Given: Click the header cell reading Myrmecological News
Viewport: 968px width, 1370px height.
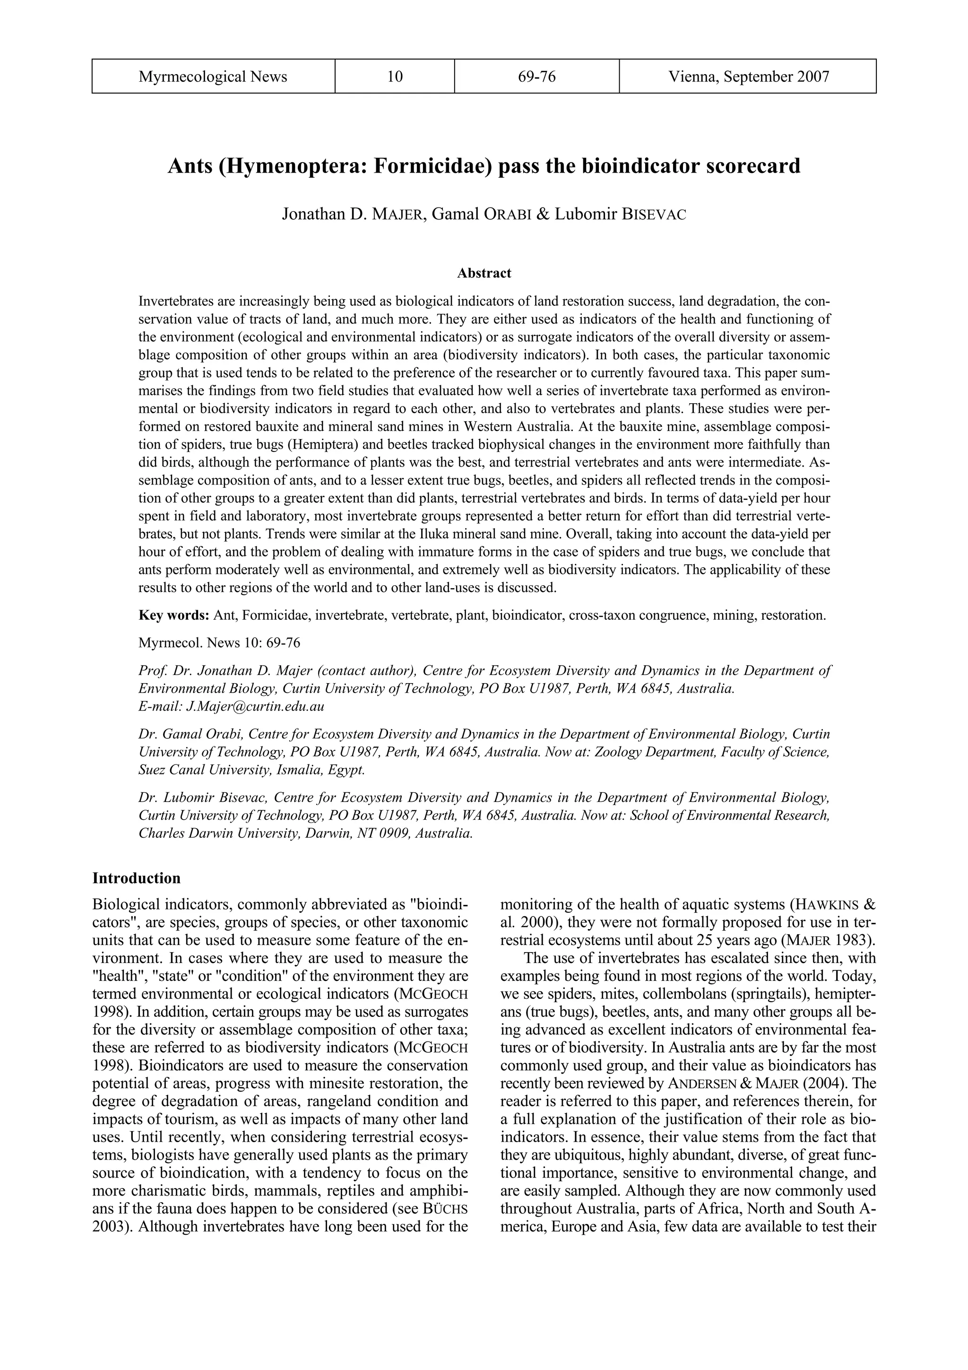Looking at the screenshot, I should coord(213,77).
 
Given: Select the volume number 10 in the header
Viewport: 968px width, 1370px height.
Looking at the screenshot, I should coord(394,77).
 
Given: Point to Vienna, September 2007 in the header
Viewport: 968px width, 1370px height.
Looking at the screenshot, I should coord(748,77).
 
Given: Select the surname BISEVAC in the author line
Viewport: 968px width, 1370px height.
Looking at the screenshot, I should coord(654,215).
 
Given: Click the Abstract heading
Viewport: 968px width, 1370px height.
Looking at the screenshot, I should coord(484,273).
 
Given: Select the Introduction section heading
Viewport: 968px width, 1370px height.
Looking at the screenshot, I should coord(137,878).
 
